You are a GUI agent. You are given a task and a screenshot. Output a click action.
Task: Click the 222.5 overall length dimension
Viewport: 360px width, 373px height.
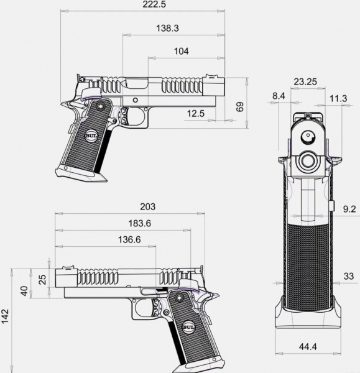click(x=154, y=4)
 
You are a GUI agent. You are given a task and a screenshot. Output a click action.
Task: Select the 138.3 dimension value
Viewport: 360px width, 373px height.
click(x=167, y=29)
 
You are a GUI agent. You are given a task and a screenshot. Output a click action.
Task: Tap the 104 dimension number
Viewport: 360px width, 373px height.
click(x=182, y=51)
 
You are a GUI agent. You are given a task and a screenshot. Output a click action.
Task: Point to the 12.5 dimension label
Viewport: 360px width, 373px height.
click(x=196, y=114)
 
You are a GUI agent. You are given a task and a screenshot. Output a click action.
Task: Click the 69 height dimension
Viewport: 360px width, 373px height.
click(x=240, y=107)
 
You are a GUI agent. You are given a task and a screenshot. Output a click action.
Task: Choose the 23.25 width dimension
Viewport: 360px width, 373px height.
click(x=305, y=82)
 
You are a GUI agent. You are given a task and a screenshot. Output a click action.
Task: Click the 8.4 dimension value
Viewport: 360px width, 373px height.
click(x=279, y=96)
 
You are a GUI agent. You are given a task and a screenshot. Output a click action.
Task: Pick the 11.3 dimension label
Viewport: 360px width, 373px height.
click(x=338, y=98)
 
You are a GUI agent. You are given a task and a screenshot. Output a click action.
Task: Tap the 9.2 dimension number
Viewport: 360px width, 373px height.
click(x=349, y=209)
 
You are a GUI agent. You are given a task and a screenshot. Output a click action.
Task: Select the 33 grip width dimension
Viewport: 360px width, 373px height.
click(x=349, y=276)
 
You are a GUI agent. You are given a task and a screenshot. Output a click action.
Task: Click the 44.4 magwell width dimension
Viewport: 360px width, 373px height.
click(x=308, y=347)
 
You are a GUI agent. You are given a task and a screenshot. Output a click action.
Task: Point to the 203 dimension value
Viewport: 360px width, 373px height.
click(x=147, y=206)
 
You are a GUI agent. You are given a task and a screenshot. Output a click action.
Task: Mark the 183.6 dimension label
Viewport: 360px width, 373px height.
click(x=140, y=223)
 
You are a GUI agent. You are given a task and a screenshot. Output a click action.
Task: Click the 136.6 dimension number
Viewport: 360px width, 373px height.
click(x=129, y=239)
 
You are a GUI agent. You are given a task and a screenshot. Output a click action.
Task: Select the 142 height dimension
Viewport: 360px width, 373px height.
click(x=5, y=316)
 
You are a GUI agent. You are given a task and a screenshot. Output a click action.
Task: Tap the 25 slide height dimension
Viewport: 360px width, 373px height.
click(x=42, y=280)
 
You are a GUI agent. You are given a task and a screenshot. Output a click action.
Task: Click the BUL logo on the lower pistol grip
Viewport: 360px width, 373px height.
click(x=188, y=327)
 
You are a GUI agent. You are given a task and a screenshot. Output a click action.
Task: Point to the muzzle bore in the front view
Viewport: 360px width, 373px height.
click(x=308, y=161)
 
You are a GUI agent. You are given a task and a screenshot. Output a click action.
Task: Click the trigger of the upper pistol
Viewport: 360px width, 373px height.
click(x=124, y=116)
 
